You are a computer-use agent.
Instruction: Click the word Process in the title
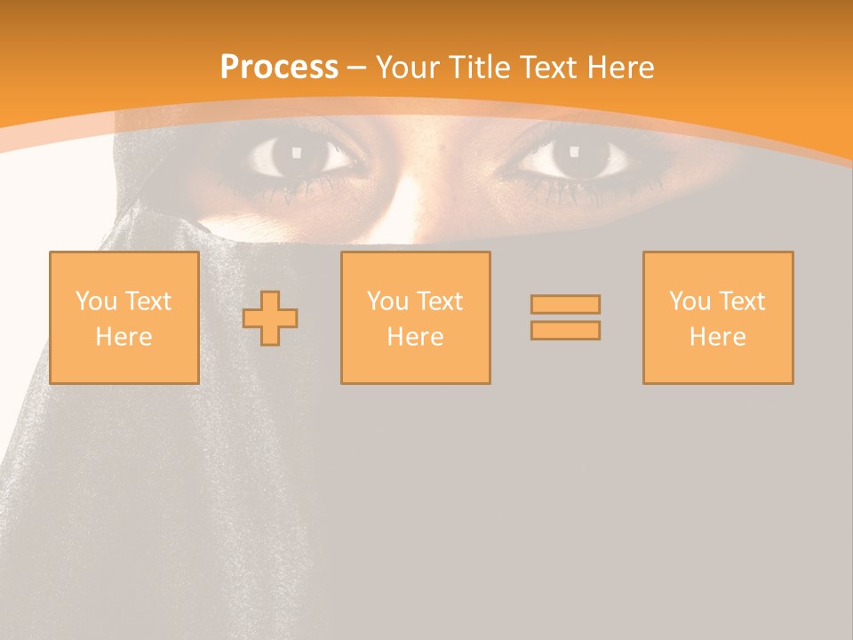pyautogui.click(x=279, y=68)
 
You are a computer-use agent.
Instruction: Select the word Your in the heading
pyautogui.click(x=408, y=68)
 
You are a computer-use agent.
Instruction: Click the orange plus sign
pyautogui.click(x=270, y=318)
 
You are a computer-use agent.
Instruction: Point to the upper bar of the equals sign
pyautogui.click(x=565, y=304)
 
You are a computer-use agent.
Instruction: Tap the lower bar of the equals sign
pyautogui.click(x=565, y=330)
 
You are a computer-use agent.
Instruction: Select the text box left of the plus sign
pyautogui.click(x=124, y=317)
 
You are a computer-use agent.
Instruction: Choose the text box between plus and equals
pyautogui.click(x=415, y=317)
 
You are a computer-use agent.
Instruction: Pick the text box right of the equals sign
pyautogui.click(x=717, y=317)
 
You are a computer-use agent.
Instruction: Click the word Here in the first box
pyautogui.click(x=124, y=337)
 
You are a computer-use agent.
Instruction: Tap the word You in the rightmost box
pyautogui.click(x=690, y=301)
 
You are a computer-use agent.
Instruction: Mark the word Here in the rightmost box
pyautogui.click(x=717, y=337)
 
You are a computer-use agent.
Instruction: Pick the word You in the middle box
pyautogui.click(x=387, y=301)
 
